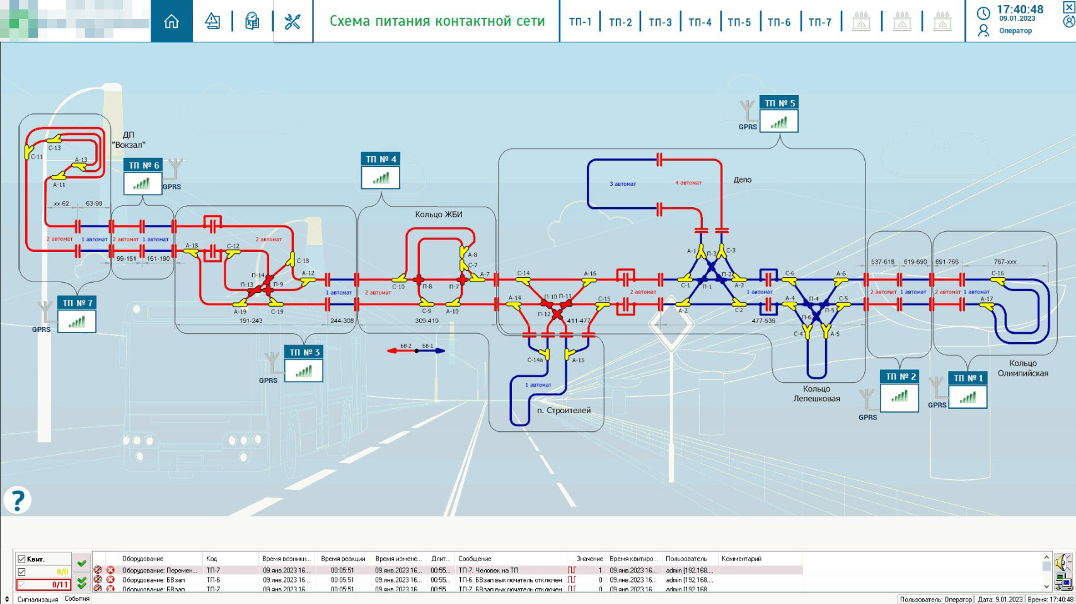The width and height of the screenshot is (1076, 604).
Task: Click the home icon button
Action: (171, 21)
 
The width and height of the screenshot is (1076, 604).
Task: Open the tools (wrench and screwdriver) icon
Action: (292, 21)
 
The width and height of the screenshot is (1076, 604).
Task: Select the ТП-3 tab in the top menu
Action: (660, 22)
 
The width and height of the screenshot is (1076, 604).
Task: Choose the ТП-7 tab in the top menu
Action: (819, 22)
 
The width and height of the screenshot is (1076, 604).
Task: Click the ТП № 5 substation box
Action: (779, 115)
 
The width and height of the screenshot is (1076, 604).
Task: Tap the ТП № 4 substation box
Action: (380, 171)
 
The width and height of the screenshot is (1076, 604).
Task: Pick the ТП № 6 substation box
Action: (143, 177)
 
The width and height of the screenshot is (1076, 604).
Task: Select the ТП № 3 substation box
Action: (304, 364)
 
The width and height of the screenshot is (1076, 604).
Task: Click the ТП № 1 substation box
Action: (968, 390)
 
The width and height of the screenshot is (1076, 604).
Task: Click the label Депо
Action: (742, 179)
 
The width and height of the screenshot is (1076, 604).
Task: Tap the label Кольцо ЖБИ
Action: (439, 215)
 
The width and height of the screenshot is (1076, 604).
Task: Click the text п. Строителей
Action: (564, 411)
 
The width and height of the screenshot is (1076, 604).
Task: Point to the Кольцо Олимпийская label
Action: (1022, 368)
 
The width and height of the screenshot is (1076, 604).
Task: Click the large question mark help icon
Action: (17, 500)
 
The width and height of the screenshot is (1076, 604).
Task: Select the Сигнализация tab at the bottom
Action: (38, 599)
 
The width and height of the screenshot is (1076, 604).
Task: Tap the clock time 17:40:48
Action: (1020, 9)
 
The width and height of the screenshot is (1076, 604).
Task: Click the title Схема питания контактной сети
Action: (437, 21)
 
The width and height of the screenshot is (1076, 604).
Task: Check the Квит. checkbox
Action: (22, 559)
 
